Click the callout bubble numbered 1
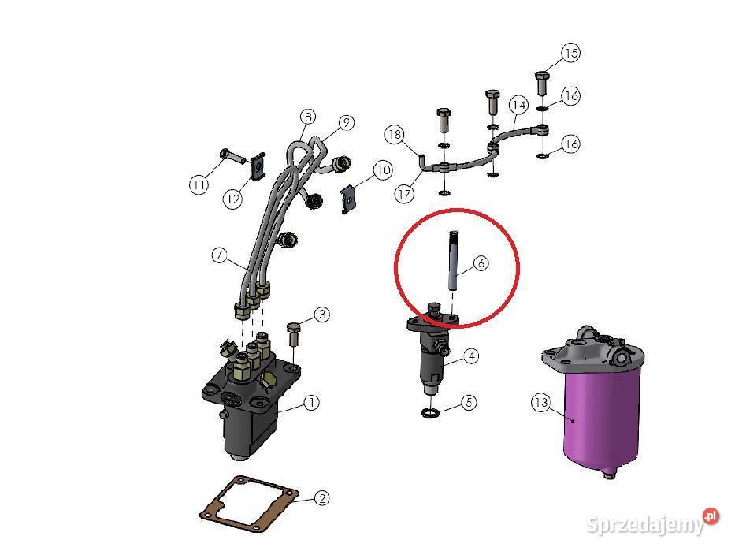coord(311,403)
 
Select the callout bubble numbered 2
coord(321,498)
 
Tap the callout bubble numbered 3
coord(321,315)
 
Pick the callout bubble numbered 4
coord(470,356)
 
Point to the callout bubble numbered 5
coord(469,403)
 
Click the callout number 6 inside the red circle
coord(481,264)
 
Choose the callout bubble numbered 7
coord(220,255)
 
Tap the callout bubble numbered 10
coord(383,169)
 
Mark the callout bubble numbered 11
coord(199,184)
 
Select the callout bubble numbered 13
coord(540,404)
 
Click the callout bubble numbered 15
coord(571,54)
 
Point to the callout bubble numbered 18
coord(395,134)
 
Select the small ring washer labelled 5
coord(431,413)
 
